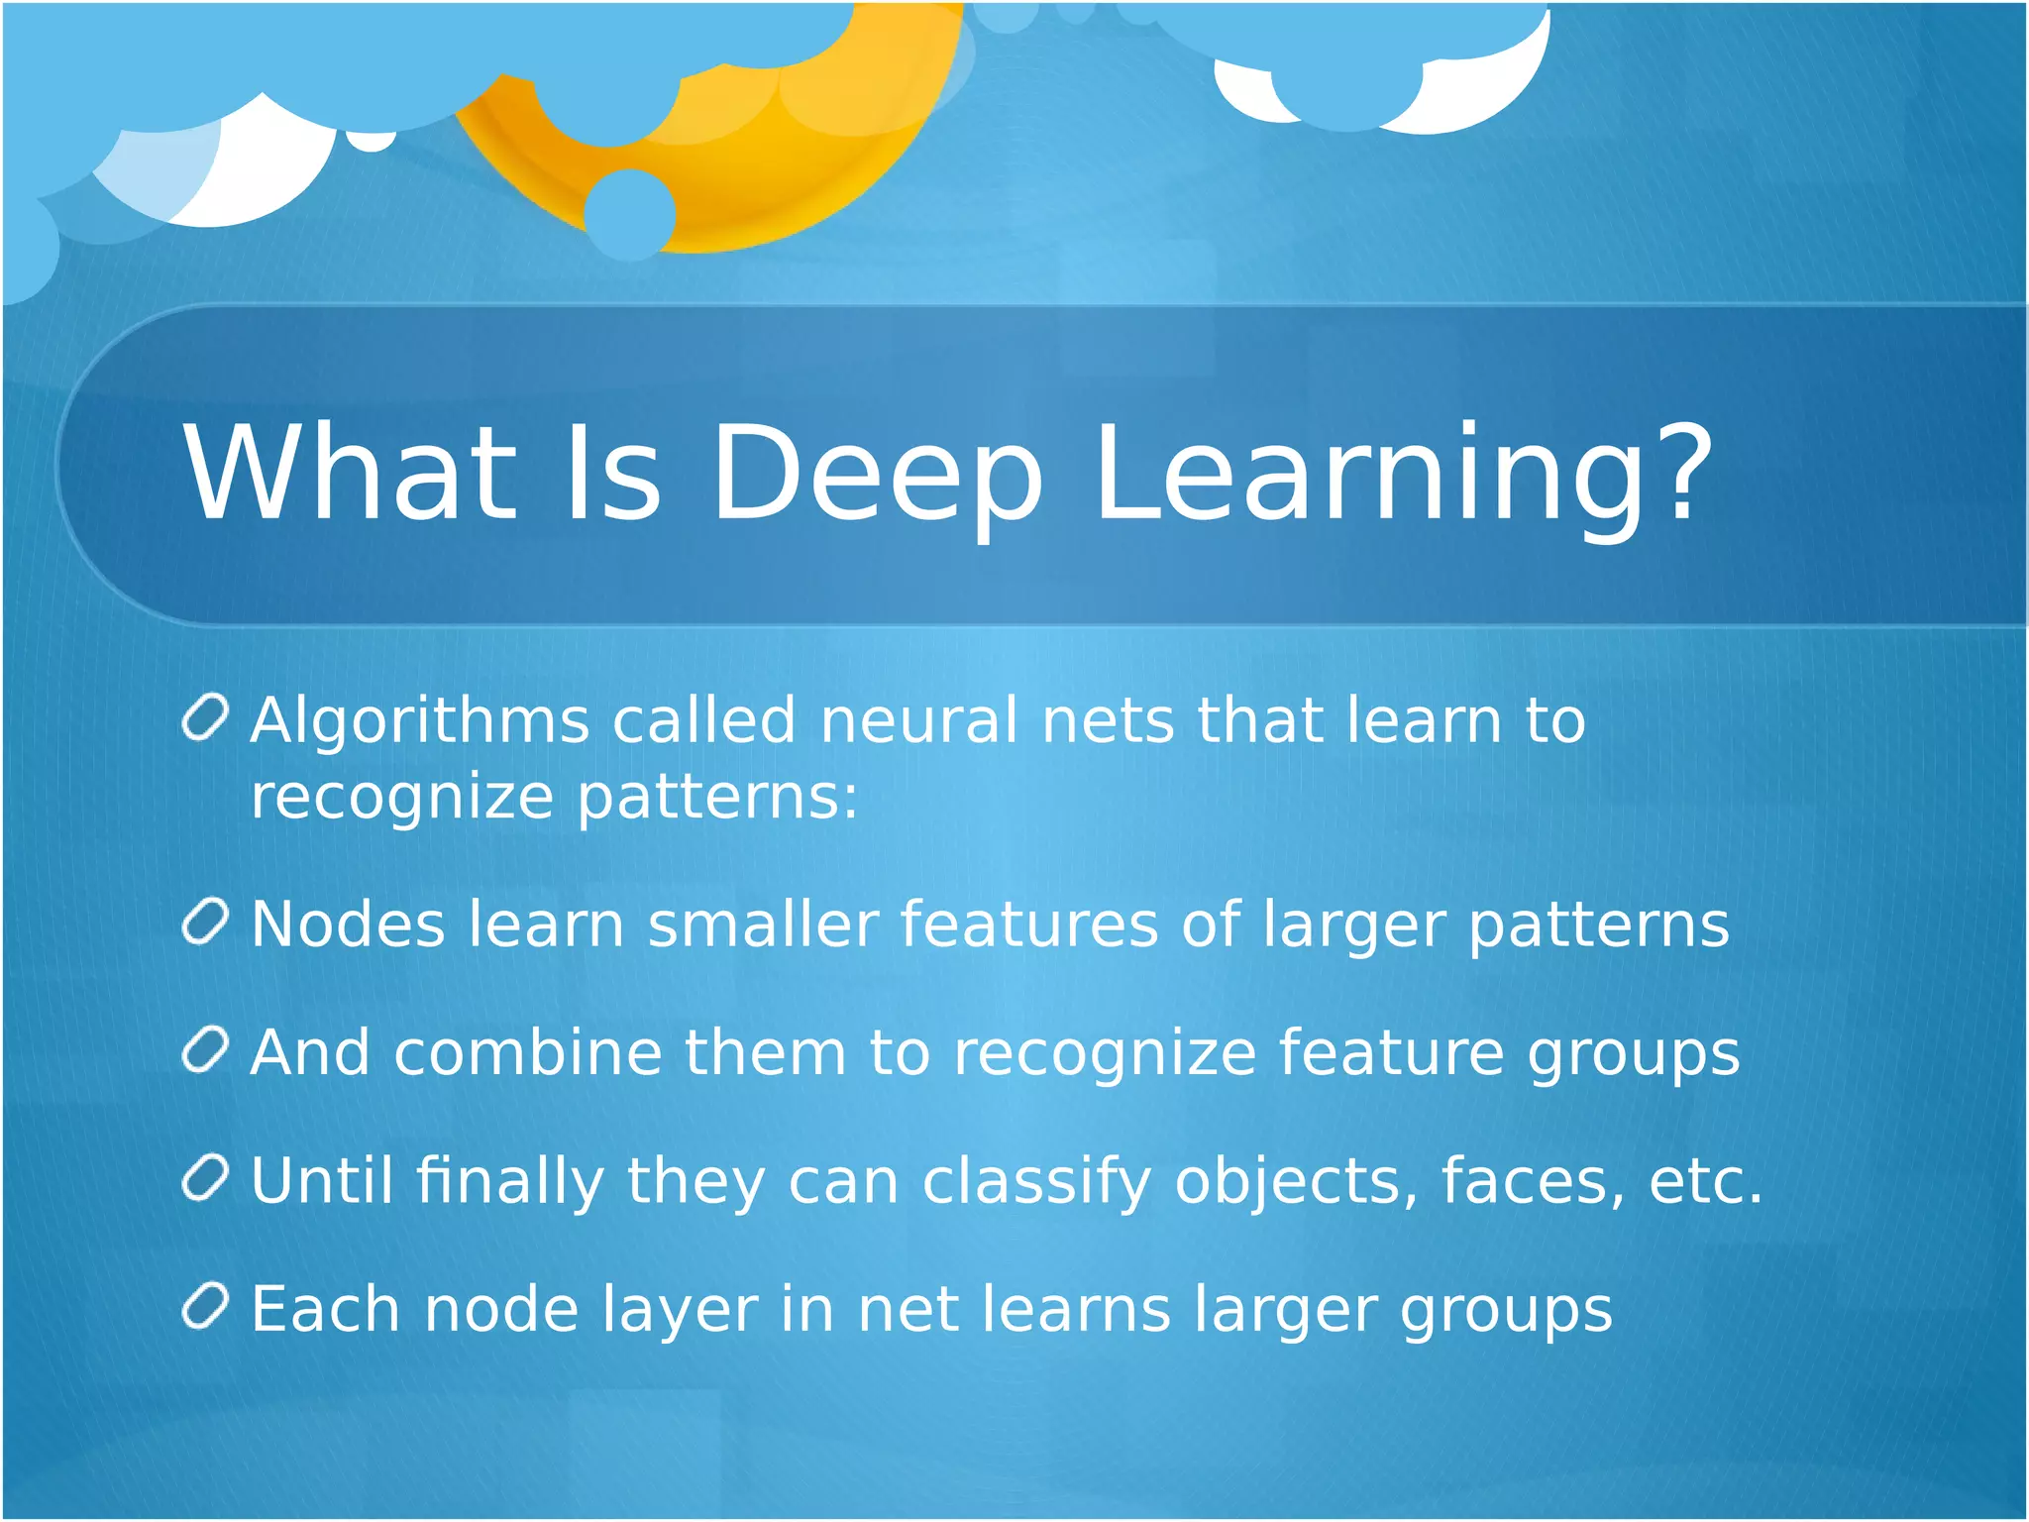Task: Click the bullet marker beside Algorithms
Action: tap(206, 716)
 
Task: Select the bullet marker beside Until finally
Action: tap(206, 1177)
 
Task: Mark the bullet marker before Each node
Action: tap(206, 1305)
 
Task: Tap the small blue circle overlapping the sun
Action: tap(629, 213)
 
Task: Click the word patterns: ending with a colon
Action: tap(717, 798)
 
